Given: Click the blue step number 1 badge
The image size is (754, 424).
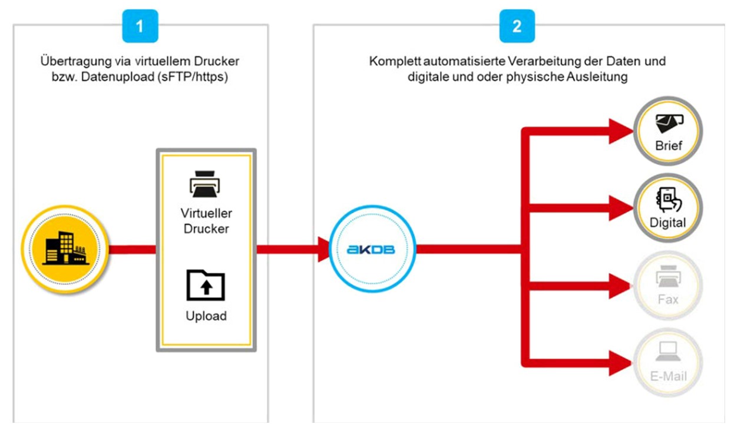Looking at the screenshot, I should coord(140,26).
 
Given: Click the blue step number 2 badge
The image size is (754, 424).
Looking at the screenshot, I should coord(517,26).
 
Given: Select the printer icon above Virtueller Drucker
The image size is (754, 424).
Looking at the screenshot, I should coord(206,182).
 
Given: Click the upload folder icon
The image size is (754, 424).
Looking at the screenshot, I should coord(206,285).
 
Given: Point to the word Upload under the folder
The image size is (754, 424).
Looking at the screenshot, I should coord(206,316).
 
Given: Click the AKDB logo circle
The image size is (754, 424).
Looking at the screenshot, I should coord(372,249).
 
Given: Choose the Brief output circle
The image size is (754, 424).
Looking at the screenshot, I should coord(668,130).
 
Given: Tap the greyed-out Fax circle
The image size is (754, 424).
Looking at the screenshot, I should coord(668,286).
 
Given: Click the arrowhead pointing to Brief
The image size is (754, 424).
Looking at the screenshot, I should coord(620,131).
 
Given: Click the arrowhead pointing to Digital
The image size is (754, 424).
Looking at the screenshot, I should coord(620,207).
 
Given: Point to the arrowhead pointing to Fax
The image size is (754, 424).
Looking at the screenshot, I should coord(620,286).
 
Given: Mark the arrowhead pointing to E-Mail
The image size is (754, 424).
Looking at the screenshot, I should coord(620,360).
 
